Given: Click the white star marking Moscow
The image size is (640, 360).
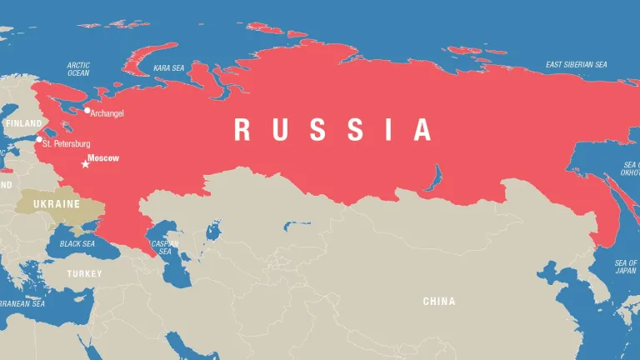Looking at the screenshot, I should click(85, 164).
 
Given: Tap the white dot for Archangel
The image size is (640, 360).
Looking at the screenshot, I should click(87, 110).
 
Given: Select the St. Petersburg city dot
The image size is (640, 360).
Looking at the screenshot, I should click(38, 139).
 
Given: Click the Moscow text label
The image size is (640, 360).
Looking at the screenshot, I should click(103, 157).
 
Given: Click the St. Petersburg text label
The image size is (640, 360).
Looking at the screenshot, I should click(66, 144).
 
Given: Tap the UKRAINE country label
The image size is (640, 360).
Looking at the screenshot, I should click(56, 203).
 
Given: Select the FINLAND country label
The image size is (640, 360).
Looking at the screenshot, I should click(22, 122).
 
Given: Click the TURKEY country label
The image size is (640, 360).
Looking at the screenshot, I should click(85, 273).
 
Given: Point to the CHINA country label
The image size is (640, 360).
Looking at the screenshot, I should click(439, 301).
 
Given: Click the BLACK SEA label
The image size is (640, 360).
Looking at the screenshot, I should click(77, 244).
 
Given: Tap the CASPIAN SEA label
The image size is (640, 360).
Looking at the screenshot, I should click(164, 247).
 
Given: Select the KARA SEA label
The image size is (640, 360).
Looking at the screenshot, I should click(168, 67).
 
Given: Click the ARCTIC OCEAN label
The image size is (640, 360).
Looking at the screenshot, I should click(78, 68).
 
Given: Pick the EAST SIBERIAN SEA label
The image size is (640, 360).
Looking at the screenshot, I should click(577, 64).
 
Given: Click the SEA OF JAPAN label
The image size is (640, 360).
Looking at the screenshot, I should click(626, 267).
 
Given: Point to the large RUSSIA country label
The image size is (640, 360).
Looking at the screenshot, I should click(333, 130).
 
